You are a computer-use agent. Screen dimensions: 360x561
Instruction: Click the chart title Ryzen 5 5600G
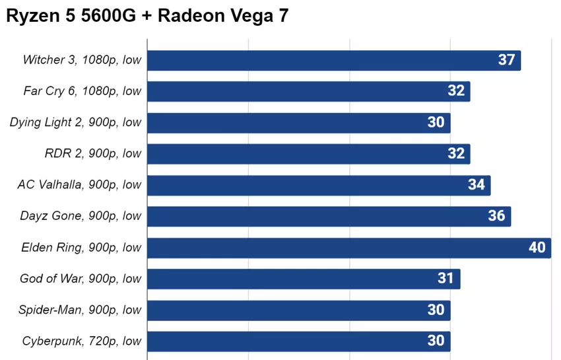click(x=147, y=17)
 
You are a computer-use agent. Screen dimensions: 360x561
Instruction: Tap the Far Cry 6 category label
click(x=82, y=91)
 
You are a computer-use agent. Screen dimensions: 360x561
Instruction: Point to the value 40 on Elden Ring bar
click(x=537, y=248)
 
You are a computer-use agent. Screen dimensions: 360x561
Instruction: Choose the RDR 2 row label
click(x=92, y=153)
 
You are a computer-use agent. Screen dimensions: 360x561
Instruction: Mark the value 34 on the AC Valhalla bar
click(x=476, y=185)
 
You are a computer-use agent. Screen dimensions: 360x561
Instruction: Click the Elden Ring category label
click(x=81, y=248)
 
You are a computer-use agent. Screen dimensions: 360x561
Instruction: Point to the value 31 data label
click(x=445, y=279)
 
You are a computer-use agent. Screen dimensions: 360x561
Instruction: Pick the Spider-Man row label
click(x=80, y=310)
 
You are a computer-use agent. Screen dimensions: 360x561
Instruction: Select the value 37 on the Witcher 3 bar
click(x=506, y=60)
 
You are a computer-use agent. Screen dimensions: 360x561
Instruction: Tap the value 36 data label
click(x=496, y=216)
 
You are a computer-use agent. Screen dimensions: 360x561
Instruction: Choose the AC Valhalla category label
click(x=79, y=185)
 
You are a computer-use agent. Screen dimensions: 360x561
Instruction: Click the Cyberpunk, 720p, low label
click(x=82, y=342)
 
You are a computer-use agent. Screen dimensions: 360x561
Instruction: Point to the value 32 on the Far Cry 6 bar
click(x=456, y=91)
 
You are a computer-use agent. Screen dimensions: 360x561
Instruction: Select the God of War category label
click(x=81, y=279)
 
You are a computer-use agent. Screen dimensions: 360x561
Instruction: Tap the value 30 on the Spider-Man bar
click(x=436, y=310)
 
